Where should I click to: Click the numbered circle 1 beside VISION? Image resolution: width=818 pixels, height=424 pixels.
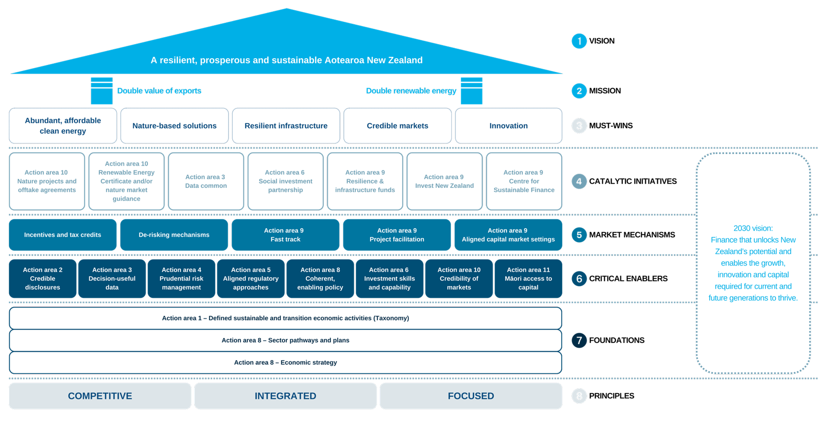(x=579, y=41)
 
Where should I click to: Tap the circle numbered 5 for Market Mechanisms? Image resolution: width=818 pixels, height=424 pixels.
(x=579, y=235)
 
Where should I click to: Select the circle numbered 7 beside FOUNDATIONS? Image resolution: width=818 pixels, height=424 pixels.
(x=579, y=340)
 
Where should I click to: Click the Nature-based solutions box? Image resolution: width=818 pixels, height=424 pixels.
(x=174, y=126)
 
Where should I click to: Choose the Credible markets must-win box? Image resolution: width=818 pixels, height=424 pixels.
(x=397, y=126)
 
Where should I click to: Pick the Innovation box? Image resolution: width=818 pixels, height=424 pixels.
(x=508, y=126)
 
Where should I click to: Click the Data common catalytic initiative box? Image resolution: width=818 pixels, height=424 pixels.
(x=206, y=181)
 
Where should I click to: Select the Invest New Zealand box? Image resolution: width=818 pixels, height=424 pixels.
(x=444, y=181)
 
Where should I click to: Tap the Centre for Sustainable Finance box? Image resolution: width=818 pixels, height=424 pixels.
(x=524, y=181)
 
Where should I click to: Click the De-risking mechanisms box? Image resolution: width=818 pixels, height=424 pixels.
(x=174, y=235)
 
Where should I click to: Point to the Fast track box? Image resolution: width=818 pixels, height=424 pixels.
(x=285, y=235)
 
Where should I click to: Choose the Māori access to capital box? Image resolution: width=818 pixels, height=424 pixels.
(x=528, y=279)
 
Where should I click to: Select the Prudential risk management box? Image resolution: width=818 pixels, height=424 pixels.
(x=181, y=279)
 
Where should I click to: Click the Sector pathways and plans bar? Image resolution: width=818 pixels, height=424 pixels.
(x=285, y=340)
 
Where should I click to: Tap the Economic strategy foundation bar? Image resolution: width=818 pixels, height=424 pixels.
(x=285, y=362)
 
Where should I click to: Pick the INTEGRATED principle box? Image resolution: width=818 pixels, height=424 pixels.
(x=285, y=396)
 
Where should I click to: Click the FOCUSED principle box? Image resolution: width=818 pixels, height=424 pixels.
(x=471, y=396)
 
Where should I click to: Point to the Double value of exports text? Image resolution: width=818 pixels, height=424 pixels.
(x=159, y=91)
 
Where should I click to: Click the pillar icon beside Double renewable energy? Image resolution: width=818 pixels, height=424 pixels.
(x=471, y=91)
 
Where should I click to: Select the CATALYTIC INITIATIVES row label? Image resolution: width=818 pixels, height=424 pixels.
(x=632, y=181)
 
